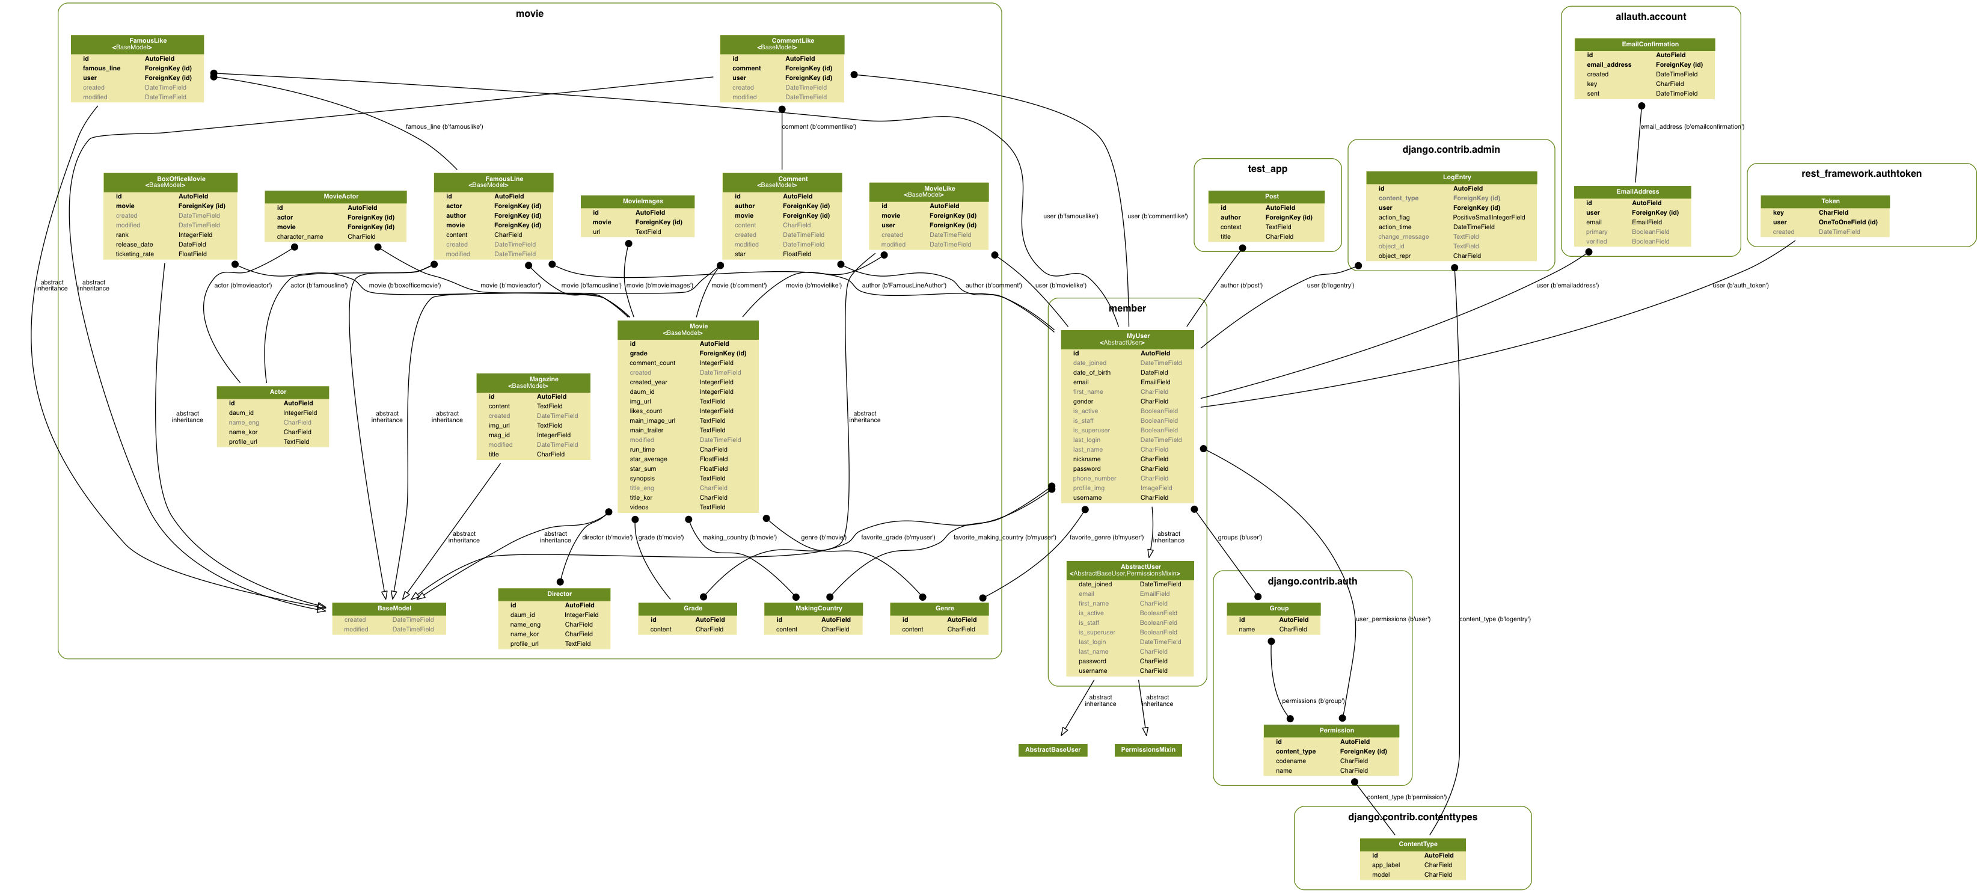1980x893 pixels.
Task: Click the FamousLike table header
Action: (x=138, y=44)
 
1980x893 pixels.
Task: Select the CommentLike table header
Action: (x=782, y=44)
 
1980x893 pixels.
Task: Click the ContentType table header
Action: (x=1412, y=844)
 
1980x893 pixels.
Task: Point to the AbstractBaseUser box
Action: (x=1052, y=749)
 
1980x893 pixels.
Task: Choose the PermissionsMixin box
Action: (x=1148, y=749)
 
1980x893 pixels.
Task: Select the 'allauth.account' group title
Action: (x=1651, y=16)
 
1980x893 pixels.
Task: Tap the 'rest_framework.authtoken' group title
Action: (x=1861, y=174)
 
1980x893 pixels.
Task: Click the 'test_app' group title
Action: (x=1267, y=169)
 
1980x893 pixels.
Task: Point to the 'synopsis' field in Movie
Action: (x=643, y=478)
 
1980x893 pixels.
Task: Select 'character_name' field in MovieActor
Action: (x=300, y=237)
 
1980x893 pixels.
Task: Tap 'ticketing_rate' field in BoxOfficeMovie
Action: (x=135, y=254)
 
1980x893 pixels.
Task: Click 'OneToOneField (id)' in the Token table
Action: (x=1848, y=222)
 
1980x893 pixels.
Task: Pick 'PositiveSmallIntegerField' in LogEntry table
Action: (x=1489, y=218)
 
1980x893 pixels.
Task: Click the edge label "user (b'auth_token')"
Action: (x=1740, y=286)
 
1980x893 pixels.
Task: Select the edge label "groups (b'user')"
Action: (x=1239, y=537)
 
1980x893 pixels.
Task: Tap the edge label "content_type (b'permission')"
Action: (x=1406, y=797)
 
